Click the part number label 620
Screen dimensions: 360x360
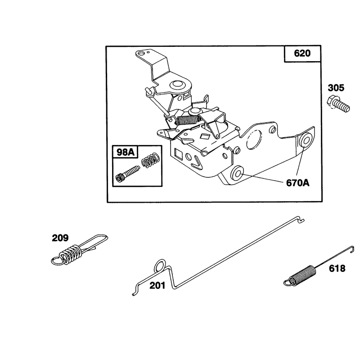pos(302,53)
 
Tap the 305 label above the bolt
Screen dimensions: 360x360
pos(336,88)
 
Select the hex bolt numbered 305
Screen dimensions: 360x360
pos(338,104)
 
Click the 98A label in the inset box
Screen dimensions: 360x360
pos(126,152)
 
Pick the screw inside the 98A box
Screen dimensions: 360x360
pos(127,174)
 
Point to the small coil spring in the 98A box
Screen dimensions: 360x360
pos(150,160)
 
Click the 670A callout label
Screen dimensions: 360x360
pos(297,183)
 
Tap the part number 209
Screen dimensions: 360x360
pos(60,238)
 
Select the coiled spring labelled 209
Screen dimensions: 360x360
pos(79,250)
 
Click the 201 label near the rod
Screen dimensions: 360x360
pos(157,286)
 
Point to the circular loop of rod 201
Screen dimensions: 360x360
pos(160,266)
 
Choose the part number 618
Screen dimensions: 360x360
pos(337,268)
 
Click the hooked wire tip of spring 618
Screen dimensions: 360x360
pos(351,249)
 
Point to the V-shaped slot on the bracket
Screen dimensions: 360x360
pos(196,162)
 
